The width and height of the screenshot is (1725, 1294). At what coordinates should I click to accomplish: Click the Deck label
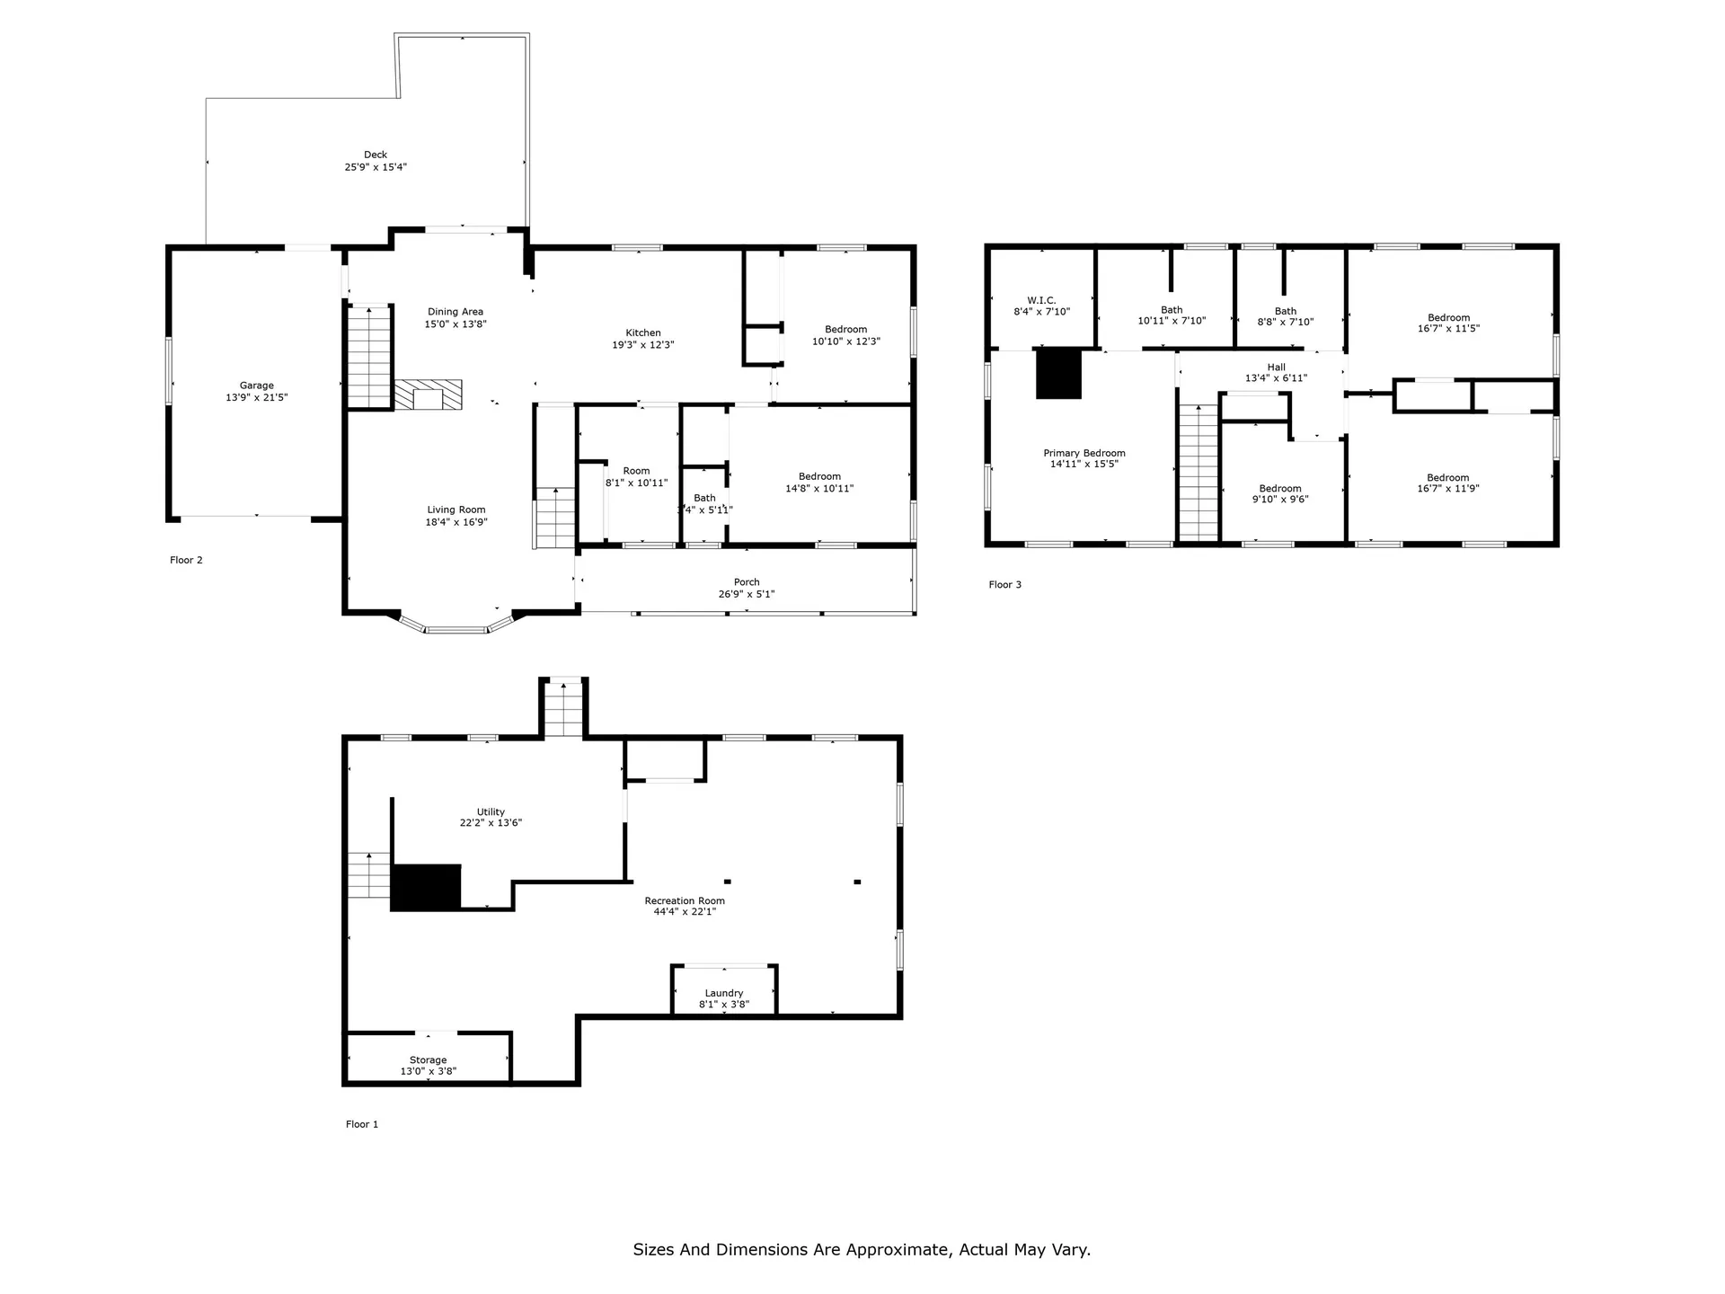(x=376, y=155)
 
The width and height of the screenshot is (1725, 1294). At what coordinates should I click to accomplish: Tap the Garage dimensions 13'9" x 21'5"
(x=256, y=397)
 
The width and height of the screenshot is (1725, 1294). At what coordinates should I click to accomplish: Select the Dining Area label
(x=456, y=312)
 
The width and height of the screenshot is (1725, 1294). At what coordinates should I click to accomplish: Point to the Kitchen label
(x=643, y=332)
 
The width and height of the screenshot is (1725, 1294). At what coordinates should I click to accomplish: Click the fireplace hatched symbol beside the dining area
(x=429, y=394)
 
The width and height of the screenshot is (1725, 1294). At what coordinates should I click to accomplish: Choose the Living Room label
(x=456, y=510)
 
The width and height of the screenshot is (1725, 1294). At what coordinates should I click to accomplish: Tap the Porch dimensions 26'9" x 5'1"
(x=747, y=594)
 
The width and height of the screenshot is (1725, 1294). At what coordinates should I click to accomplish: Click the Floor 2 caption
(x=186, y=560)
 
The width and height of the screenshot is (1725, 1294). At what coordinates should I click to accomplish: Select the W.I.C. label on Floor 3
(x=1041, y=300)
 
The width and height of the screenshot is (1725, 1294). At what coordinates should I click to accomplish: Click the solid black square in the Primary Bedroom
(x=1058, y=374)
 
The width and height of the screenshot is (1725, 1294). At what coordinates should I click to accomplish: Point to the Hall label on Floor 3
(x=1276, y=367)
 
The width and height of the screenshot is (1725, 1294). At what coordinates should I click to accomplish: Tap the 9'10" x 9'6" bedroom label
(x=1279, y=494)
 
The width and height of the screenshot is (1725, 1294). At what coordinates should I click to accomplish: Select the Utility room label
(x=491, y=811)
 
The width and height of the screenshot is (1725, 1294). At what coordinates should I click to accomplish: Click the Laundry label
(x=724, y=993)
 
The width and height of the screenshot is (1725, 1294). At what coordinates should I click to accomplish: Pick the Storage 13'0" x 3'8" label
(x=428, y=1066)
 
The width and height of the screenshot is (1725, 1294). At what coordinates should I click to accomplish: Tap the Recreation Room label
(x=685, y=900)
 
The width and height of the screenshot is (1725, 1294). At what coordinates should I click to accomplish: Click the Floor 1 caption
(x=362, y=1124)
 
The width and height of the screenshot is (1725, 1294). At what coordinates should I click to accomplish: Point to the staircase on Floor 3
(x=1198, y=473)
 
